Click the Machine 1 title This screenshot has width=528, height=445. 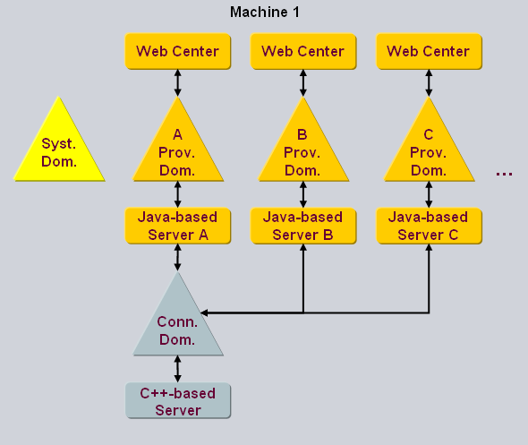264,12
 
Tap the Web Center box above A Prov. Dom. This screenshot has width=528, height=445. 177,51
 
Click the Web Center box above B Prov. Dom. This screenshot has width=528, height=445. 302,51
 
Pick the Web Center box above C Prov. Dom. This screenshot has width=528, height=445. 428,51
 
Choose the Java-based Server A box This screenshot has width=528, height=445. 177,226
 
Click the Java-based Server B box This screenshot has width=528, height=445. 302,226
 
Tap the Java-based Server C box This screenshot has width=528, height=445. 428,226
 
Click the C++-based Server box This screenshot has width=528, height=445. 177,401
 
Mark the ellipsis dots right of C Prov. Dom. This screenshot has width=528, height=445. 504,174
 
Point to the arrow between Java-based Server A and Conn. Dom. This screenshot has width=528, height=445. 177,258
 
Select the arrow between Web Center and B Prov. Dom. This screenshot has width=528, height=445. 302,82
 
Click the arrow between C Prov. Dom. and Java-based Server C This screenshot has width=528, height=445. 428,193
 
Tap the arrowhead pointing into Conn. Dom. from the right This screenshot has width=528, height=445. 207,313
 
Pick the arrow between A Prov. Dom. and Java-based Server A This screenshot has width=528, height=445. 177,193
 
